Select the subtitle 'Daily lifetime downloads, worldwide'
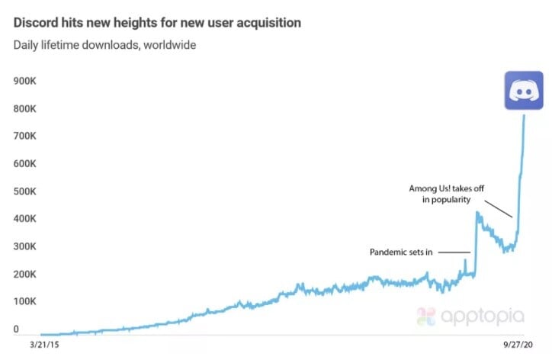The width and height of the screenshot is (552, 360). click(104, 45)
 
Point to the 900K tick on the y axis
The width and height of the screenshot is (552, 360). click(28, 81)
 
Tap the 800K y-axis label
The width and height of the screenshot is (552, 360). click(28, 108)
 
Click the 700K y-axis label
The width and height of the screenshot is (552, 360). click(28, 136)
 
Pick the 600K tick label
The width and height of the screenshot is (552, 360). click(28, 164)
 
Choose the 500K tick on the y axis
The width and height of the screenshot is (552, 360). click(28, 191)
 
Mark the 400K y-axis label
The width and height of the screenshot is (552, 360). click(28, 219)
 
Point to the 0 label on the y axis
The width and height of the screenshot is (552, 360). click(17, 329)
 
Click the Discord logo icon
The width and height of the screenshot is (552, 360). click(523, 92)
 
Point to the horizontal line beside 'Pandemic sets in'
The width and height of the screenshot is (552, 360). click(455, 252)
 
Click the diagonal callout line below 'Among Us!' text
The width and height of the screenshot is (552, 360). click(498, 209)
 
